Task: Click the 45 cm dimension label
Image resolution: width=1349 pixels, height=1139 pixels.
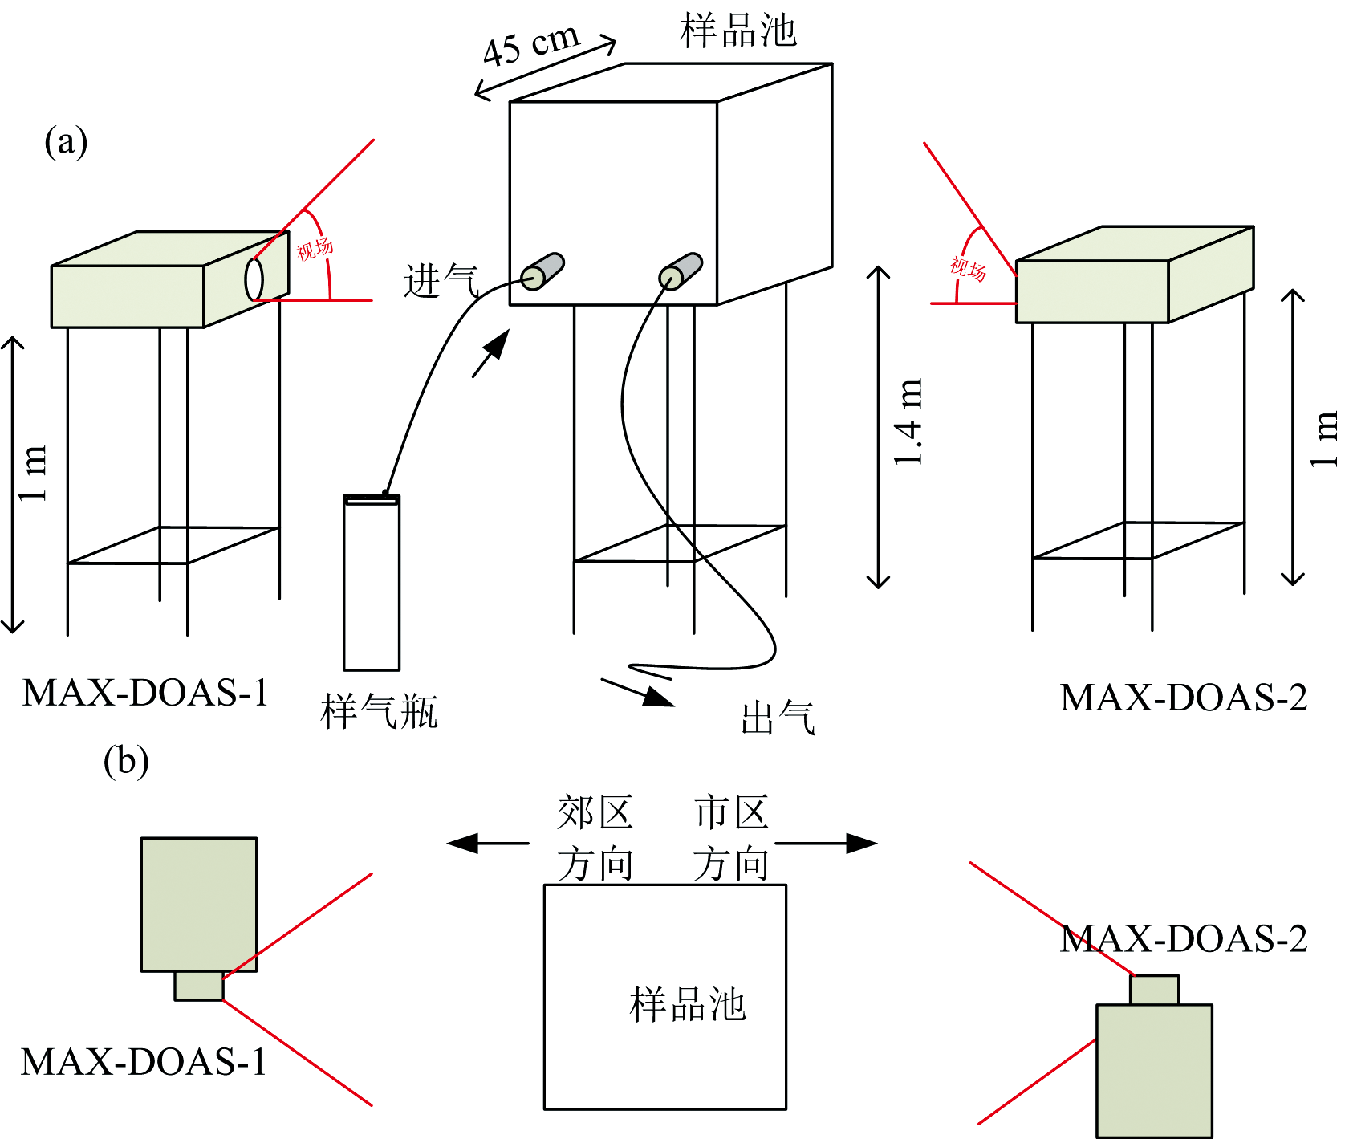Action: pos(530,46)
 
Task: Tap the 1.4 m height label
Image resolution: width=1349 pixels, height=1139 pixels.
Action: pos(908,422)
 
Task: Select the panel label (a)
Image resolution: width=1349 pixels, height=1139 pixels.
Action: pos(66,143)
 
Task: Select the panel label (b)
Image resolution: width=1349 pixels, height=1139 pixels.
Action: pos(126,761)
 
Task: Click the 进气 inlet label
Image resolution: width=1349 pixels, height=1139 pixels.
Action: pos(441,281)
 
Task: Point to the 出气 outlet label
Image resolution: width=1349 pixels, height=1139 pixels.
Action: pos(778,718)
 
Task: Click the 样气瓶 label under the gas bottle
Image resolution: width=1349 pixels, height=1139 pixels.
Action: pos(379,712)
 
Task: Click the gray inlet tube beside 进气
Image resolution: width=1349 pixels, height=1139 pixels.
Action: pos(543,271)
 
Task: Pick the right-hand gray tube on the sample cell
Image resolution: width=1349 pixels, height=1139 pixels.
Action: pos(681,271)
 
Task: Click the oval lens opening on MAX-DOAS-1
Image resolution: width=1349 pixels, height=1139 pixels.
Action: pos(254,279)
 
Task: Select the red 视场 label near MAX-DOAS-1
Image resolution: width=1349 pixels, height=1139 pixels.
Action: pos(315,249)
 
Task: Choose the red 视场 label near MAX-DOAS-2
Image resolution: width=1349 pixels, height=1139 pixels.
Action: pos(968,268)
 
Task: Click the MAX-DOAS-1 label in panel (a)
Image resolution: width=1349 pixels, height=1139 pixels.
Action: pos(145,693)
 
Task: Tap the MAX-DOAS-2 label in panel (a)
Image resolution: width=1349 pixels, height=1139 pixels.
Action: pos(1183,698)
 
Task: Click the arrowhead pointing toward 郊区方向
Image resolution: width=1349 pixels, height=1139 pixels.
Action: pos(463,844)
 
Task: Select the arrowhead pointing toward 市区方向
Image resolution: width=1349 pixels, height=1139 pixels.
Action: pos(862,843)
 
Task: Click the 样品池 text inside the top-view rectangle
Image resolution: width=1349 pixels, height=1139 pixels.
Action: pos(688,1005)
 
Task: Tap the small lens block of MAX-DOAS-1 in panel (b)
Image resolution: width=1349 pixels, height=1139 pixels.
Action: pos(199,986)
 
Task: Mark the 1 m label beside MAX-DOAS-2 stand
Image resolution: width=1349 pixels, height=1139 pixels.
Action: pos(1323,438)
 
